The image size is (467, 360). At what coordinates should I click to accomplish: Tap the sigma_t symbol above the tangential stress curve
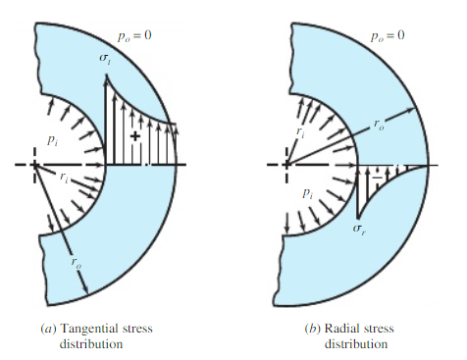click(106, 62)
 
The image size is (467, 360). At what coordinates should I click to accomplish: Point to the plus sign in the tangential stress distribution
click(134, 134)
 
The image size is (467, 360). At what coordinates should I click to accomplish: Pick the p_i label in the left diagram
click(56, 122)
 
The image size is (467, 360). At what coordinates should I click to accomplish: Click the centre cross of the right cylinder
click(285, 166)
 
